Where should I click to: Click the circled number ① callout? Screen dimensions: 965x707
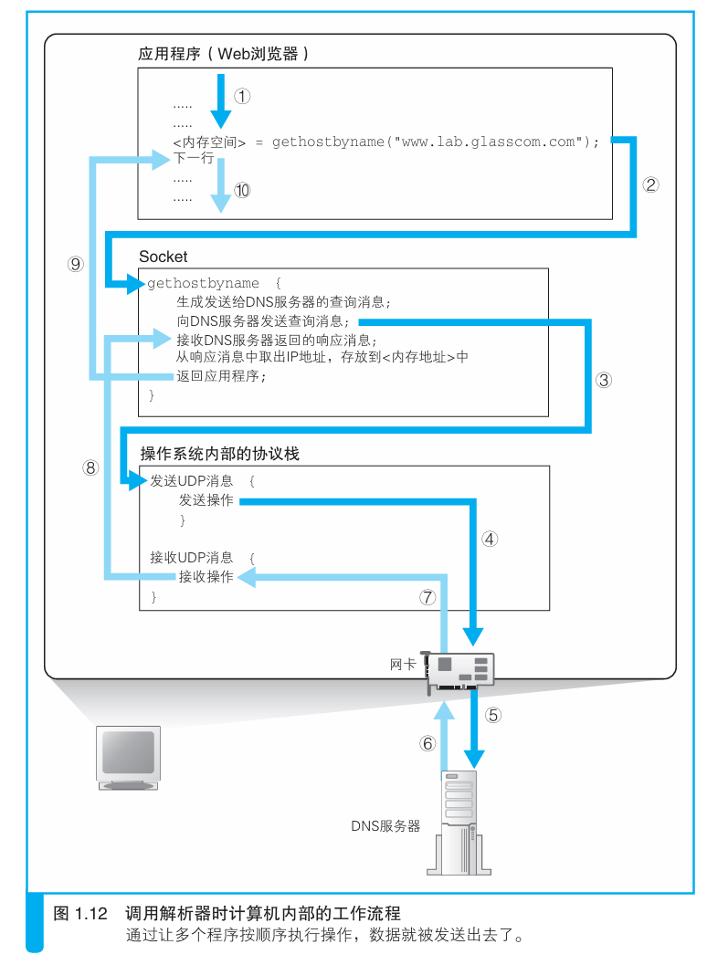pyautogui.click(x=241, y=95)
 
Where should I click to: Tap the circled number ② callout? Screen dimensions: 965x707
pyautogui.click(x=650, y=184)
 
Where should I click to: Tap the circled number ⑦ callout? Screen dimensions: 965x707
pyautogui.click(x=427, y=597)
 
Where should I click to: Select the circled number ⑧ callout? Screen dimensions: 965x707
pyautogui.click(x=90, y=467)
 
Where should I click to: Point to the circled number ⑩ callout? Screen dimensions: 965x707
pyautogui.click(x=241, y=191)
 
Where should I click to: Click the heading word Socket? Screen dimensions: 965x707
pyautogui.click(x=163, y=257)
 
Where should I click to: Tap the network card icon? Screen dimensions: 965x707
pyautogui.click(x=461, y=671)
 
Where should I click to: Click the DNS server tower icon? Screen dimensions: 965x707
pyautogui.click(x=459, y=822)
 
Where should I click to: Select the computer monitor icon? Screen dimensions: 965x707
pyautogui.click(x=129, y=757)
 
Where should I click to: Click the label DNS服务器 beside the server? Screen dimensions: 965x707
pyautogui.click(x=385, y=825)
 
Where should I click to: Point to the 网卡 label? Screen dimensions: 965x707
pyautogui.click(x=403, y=666)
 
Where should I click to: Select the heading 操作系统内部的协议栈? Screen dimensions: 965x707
pyautogui.click(x=220, y=454)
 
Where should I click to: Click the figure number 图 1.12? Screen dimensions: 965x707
pyautogui.click(x=81, y=913)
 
